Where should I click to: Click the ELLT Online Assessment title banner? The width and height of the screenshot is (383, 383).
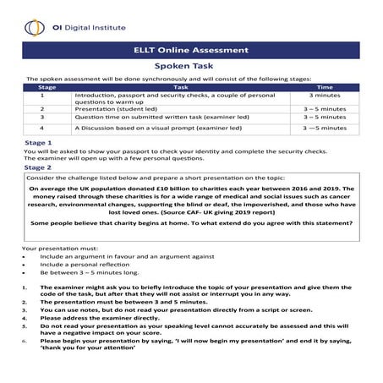(191, 50)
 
